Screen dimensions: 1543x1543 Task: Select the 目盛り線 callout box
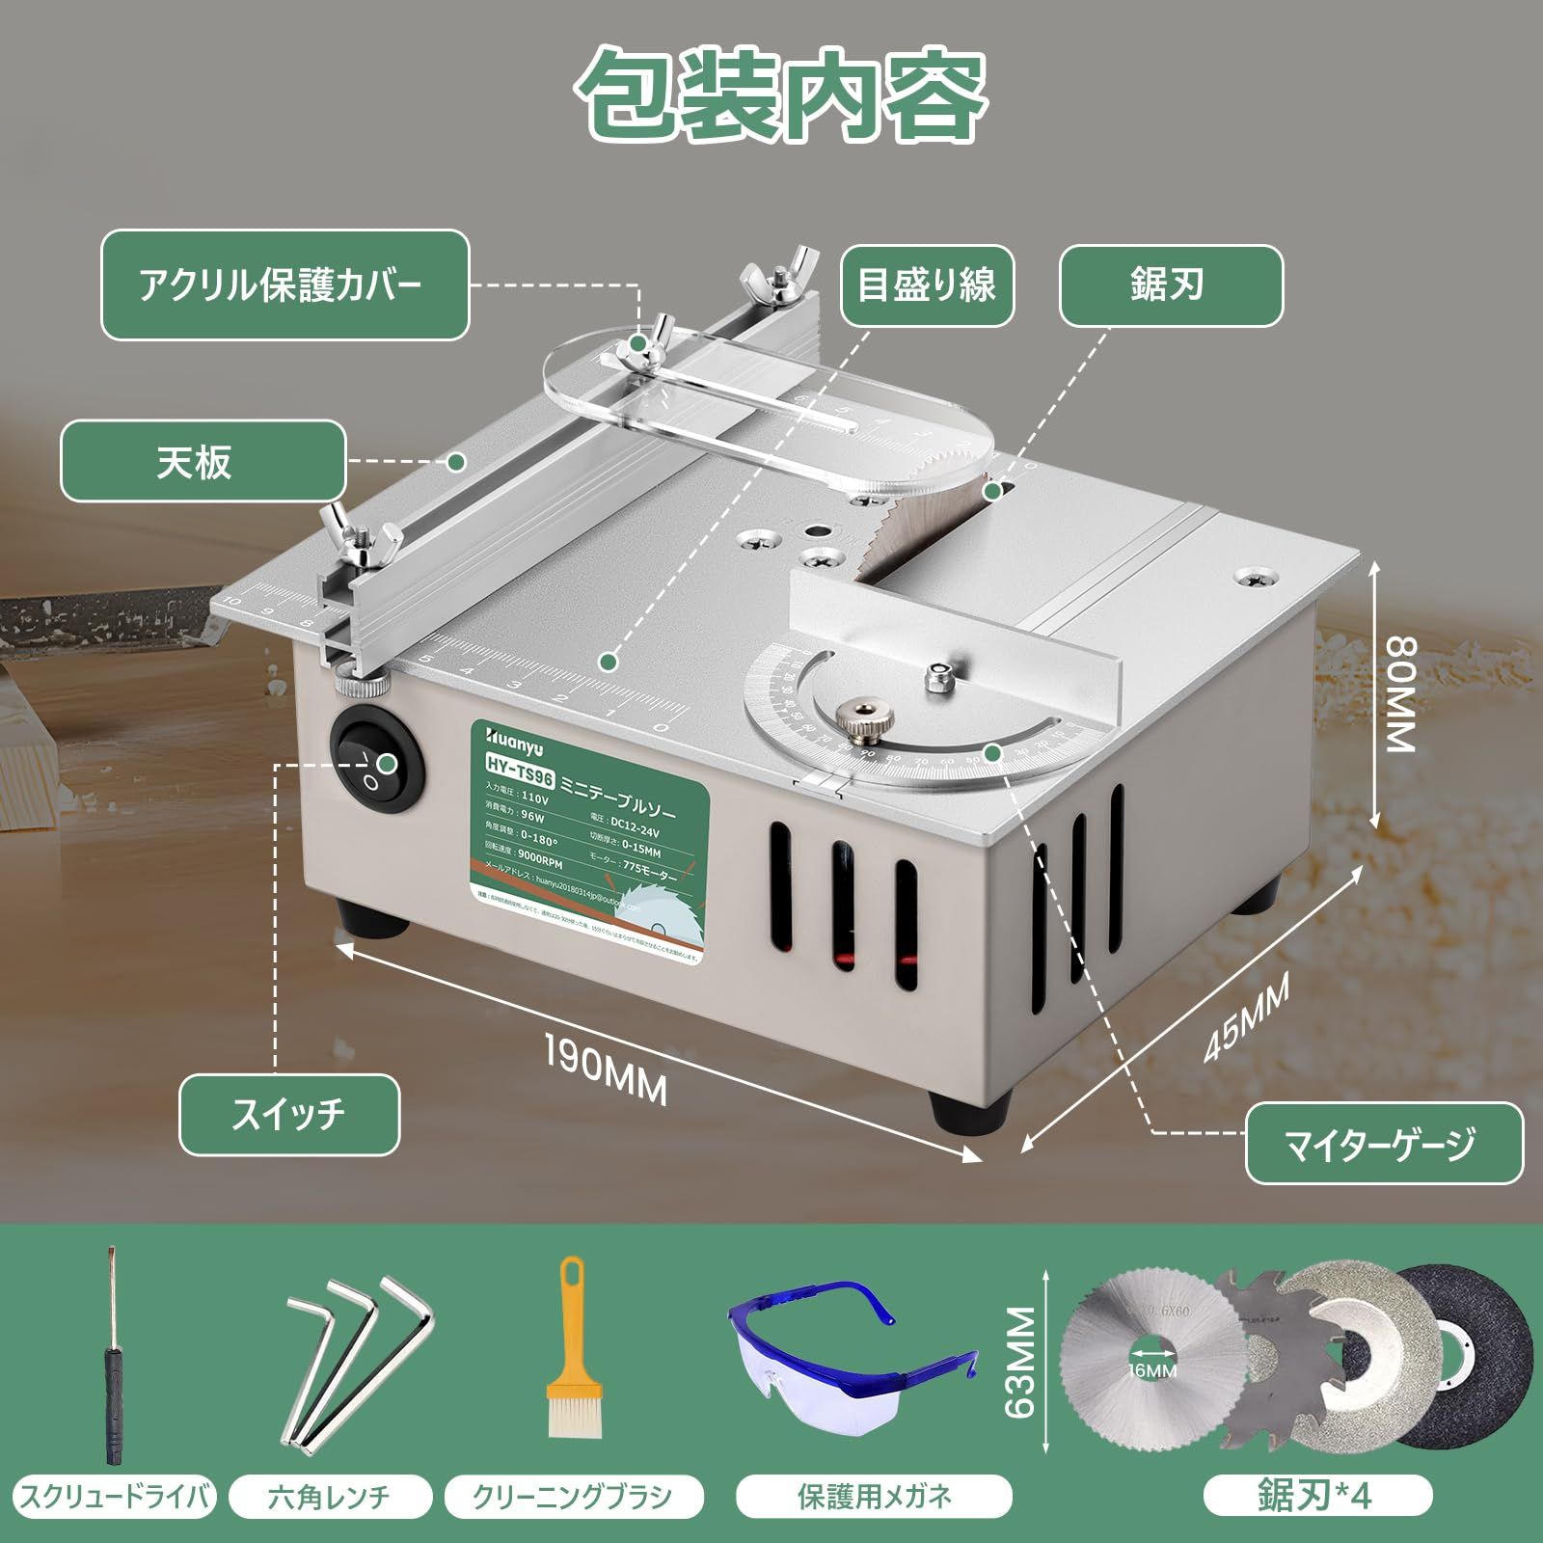(927, 285)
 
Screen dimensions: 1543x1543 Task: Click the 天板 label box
(203, 462)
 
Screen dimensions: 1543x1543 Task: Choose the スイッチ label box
(288, 1114)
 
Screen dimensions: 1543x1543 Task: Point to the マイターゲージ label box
(1383, 1144)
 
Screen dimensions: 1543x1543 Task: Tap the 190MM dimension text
(606, 1069)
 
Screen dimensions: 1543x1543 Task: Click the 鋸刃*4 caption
(1317, 1497)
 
